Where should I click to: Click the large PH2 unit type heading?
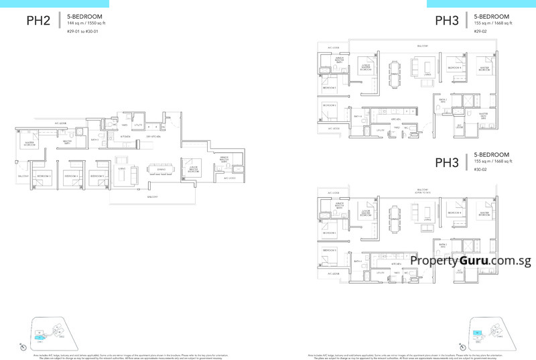[x=39, y=21]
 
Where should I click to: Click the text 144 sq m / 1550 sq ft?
[x=86, y=23]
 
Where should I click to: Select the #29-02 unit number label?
[x=479, y=32]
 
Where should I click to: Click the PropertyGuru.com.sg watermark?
[x=471, y=261]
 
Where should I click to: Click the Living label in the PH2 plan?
[x=122, y=169]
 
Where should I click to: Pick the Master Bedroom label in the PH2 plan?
[x=29, y=143]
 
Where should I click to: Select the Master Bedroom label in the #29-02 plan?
[x=484, y=68]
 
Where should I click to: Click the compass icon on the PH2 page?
[x=23, y=346]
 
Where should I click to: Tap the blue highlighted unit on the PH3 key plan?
[x=476, y=333]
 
